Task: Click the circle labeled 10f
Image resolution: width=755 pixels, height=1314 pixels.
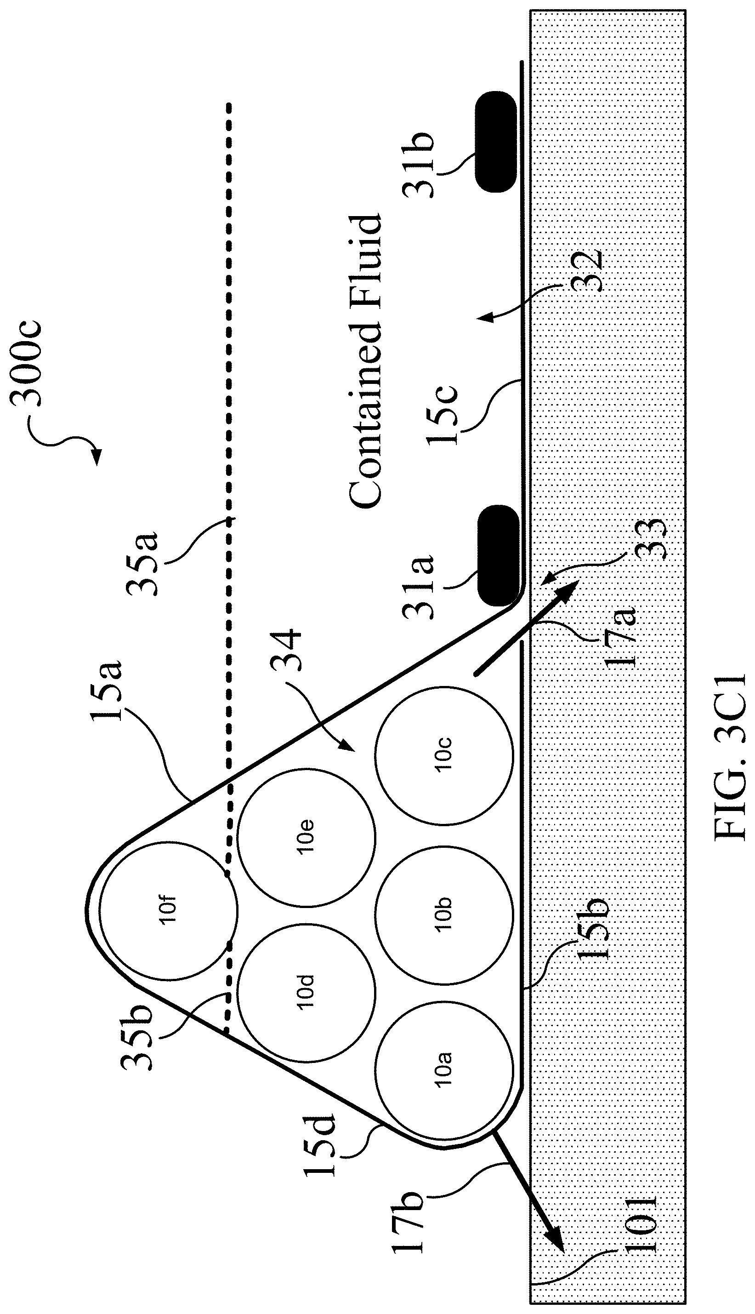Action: tap(169, 911)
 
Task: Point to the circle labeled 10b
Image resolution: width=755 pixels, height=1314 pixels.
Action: tap(444, 915)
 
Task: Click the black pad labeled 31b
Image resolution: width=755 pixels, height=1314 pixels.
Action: tap(496, 142)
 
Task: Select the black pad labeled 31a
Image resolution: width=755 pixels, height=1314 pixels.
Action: tap(497, 555)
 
